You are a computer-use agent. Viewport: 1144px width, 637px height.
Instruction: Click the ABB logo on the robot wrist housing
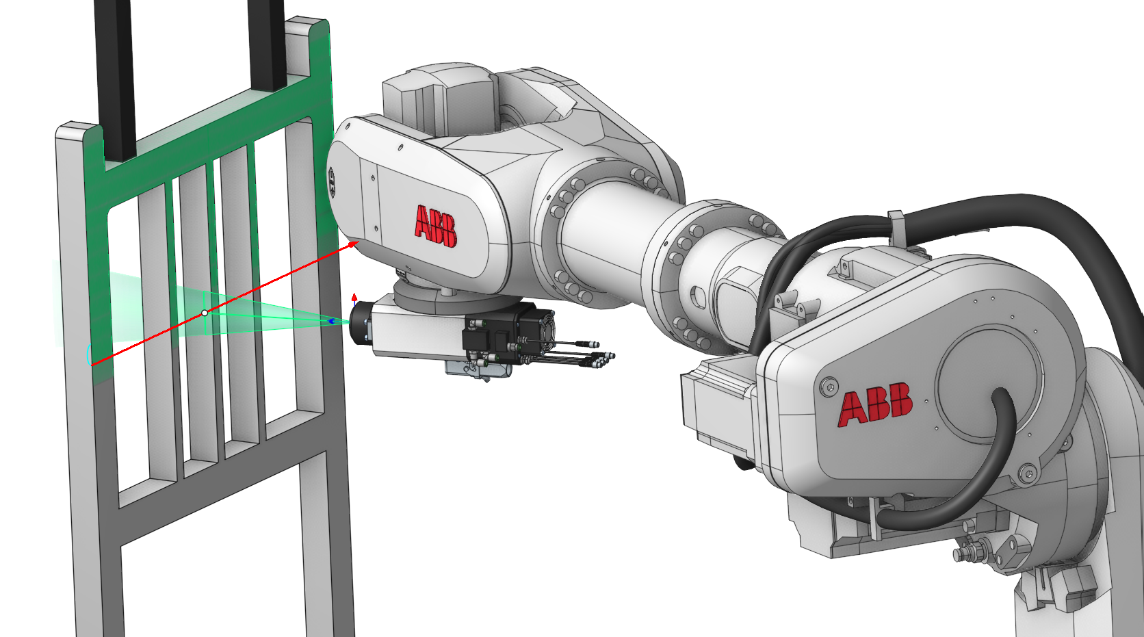pos(436,226)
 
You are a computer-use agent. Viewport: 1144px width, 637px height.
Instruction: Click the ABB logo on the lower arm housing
pos(875,404)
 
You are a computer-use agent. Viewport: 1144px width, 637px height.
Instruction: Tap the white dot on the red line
pos(205,313)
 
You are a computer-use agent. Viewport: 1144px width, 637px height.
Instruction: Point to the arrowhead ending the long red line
pos(353,245)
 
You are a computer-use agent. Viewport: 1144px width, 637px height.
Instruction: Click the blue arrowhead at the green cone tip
pos(331,322)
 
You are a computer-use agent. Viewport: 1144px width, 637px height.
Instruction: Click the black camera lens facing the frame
pos(361,321)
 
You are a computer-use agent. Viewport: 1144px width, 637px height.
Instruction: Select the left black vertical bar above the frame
pos(116,79)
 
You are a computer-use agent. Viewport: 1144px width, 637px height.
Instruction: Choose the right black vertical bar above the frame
pos(267,45)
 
